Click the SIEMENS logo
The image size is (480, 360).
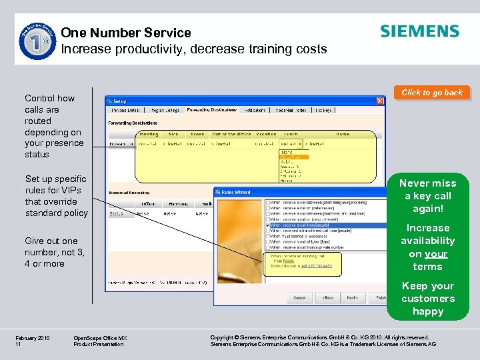click(x=419, y=31)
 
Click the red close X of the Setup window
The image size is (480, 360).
click(x=379, y=101)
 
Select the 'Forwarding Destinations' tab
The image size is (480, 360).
click(x=211, y=110)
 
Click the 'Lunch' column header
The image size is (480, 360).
click(x=290, y=134)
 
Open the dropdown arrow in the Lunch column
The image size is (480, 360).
click(x=300, y=143)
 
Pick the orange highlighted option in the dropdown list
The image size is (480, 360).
click(x=293, y=157)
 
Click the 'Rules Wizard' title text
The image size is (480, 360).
click(x=237, y=193)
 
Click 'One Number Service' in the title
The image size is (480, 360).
click(x=125, y=33)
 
